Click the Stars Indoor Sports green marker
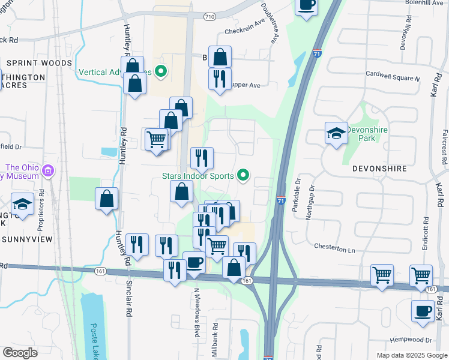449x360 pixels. click(x=243, y=176)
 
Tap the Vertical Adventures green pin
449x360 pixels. click(x=160, y=73)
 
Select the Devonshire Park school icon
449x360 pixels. click(x=336, y=134)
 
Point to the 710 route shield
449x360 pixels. click(x=209, y=16)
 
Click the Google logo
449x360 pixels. click(x=20, y=352)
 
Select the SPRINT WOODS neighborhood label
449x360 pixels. click(x=40, y=63)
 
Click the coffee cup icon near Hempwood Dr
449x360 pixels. click(x=423, y=311)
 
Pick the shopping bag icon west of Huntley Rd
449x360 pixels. click(x=106, y=199)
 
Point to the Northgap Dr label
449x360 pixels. click(x=310, y=204)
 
